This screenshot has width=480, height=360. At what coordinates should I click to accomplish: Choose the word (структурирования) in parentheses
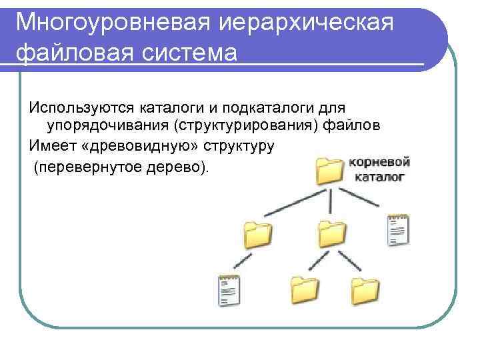[255, 126]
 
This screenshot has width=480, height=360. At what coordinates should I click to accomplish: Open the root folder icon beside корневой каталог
[328, 171]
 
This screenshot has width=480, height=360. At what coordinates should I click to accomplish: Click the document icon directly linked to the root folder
[398, 230]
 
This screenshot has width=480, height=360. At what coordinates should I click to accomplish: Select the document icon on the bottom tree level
[229, 291]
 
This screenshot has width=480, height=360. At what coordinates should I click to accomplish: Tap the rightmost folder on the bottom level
[365, 290]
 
